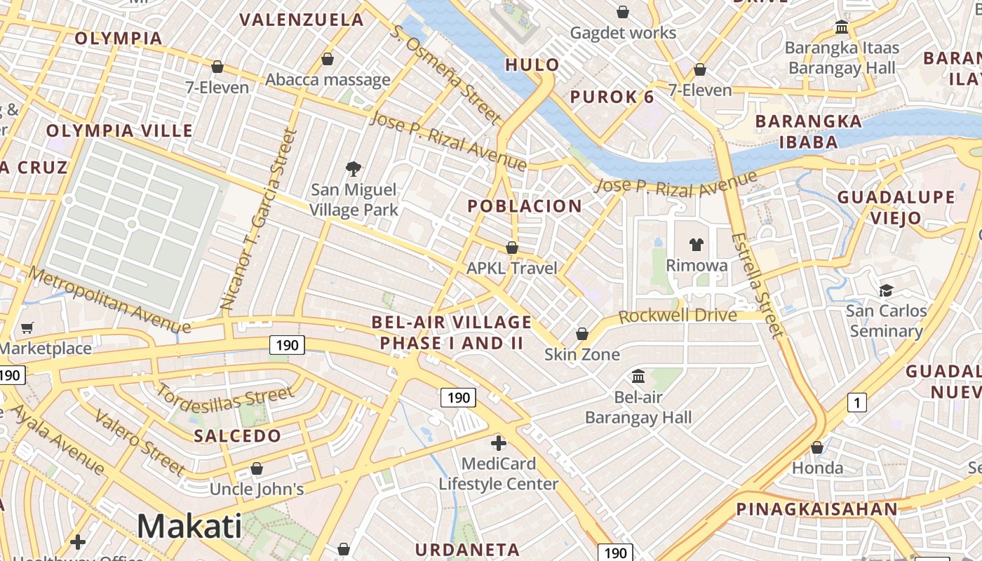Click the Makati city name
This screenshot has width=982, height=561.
[189, 526]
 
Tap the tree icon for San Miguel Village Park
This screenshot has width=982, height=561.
[354, 168]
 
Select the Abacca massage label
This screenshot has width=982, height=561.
[328, 79]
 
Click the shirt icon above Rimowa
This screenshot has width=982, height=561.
[696, 244]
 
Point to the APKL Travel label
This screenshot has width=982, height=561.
[512, 268]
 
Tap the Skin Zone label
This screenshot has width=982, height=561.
[582, 354]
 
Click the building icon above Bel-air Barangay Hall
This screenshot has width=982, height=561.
[638, 377]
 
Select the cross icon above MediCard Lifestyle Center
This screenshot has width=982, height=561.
[499, 443]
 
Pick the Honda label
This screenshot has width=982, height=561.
[817, 468]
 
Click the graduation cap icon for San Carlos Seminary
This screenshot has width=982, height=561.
[886, 290]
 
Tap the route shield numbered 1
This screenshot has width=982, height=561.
[856, 403]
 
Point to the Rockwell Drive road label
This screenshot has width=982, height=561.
[678, 316]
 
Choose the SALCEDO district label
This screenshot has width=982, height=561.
[237, 435]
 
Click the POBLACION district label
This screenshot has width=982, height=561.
[525, 206]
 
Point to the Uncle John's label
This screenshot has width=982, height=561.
[257, 489]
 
